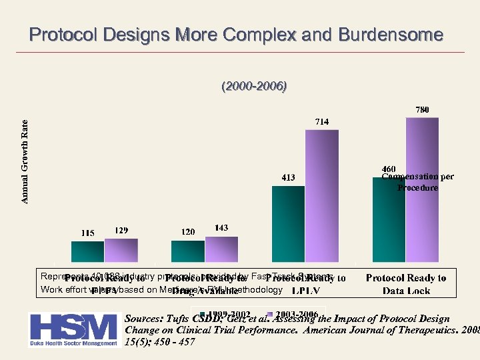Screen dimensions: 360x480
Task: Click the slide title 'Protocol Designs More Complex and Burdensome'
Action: click(236, 35)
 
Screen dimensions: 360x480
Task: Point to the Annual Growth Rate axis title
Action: click(25, 161)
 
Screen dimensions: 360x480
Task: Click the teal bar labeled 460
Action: click(389, 220)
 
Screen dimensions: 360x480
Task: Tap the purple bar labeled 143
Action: click(221, 249)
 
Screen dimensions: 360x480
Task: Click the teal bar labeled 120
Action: click(188, 251)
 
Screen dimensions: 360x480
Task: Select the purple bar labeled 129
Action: click(121, 251)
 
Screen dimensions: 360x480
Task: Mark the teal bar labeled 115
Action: click(87, 252)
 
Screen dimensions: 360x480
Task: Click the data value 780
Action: click(423, 109)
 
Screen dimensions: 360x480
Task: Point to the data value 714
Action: click(322, 121)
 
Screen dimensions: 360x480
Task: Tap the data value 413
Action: click(288, 177)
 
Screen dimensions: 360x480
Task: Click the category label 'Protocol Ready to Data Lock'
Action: click(406, 284)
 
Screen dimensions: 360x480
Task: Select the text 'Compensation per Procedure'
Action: click(418, 183)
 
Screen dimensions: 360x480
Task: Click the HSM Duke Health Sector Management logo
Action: click(72, 329)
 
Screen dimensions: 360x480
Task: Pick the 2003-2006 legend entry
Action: click(297, 313)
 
